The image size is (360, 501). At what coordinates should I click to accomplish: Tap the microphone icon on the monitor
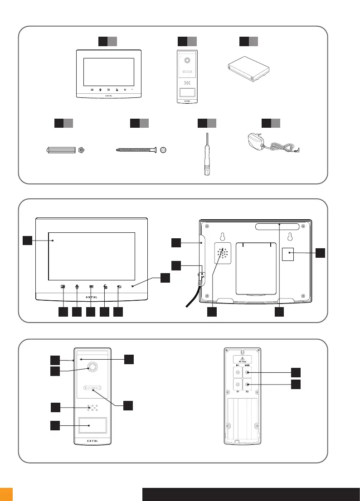tap(78, 286)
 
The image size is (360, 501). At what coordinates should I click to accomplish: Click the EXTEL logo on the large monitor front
tap(91, 297)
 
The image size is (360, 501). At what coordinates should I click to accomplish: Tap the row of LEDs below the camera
tap(93, 388)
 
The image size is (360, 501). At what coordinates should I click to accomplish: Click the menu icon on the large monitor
tap(91, 286)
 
